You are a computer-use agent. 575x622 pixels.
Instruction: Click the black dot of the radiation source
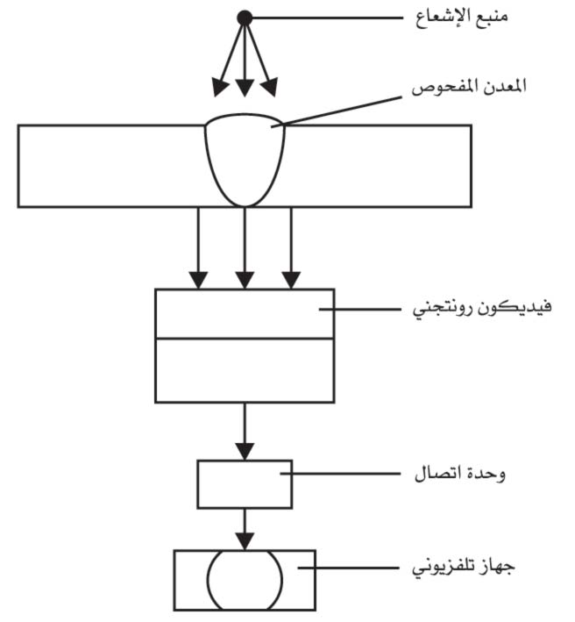(245, 18)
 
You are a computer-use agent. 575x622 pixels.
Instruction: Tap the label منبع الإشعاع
(461, 18)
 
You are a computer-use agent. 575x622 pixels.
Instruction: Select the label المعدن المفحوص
(469, 87)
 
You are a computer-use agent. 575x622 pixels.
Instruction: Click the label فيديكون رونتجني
(482, 308)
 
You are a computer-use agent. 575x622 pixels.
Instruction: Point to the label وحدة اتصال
(459, 473)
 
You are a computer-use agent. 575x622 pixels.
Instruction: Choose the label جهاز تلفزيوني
(464, 568)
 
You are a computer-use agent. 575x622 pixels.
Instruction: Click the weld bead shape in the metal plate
(245, 161)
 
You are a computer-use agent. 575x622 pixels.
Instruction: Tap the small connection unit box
(245, 484)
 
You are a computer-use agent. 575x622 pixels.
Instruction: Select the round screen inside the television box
(245, 580)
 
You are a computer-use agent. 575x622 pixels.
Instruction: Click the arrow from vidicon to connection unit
(245, 432)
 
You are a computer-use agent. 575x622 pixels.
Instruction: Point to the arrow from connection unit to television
(245, 529)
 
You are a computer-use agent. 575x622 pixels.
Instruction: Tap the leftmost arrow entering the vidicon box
(198, 248)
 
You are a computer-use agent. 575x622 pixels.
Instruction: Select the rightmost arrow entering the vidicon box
(291, 248)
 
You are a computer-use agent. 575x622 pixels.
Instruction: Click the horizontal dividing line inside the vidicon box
(245, 339)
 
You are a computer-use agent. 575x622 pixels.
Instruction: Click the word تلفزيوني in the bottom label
(439, 568)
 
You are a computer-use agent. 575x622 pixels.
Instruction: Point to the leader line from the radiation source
(327, 18)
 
